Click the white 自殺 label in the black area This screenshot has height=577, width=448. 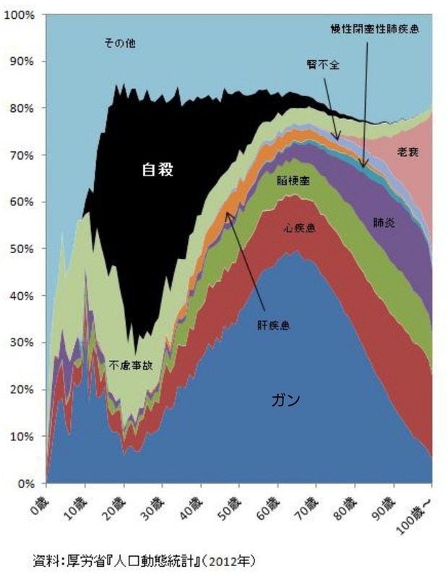point(158,171)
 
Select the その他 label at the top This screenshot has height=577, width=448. point(120,44)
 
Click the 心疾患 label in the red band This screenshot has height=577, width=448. point(298,228)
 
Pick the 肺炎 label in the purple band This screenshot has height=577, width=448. point(384,223)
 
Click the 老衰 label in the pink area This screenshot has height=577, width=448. point(411,153)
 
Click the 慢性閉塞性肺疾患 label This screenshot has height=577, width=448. point(371,29)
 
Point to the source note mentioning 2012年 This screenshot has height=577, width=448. point(145,560)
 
